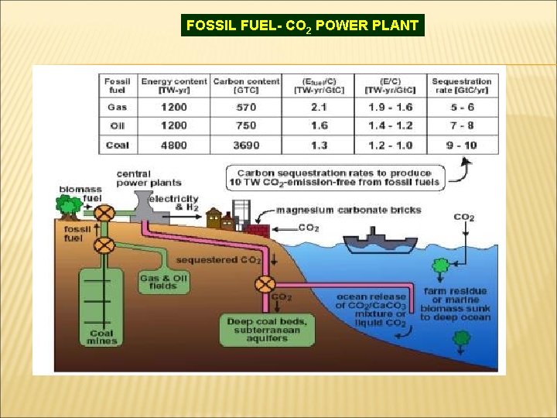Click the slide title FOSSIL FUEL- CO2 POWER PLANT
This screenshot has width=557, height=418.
(302, 25)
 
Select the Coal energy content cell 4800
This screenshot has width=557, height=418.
(174, 145)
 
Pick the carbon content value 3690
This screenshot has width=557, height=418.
(246, 145)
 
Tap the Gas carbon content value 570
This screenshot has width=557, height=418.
(246, 108)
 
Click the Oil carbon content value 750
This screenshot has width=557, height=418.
(246, 125)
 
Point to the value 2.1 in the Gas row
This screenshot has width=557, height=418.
(319, 108)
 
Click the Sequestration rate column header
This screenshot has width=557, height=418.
(462, 86)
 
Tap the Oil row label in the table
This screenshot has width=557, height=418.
(118, 125)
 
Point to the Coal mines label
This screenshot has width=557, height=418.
(101, 337)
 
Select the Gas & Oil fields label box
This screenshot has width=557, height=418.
(164, 283)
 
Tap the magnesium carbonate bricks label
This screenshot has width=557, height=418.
(349, 210)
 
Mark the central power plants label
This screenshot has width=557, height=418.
(149, 178)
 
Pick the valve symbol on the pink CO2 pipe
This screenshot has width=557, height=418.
(265, 283)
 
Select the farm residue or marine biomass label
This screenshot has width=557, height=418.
(456, 303)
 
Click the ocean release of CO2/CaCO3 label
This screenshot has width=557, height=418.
(371, 310)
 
